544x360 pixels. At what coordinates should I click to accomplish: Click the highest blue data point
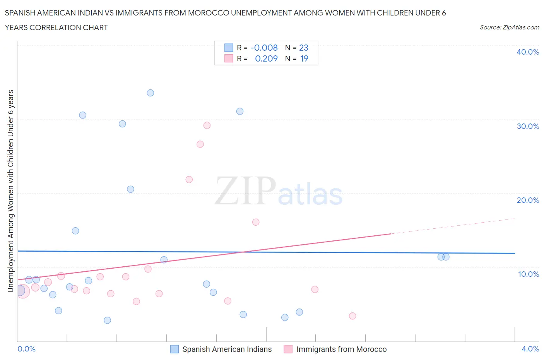pyautogui.click(x=151, y=93)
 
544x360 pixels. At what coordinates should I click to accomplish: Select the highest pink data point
pyautogui.click(x=207, y=125)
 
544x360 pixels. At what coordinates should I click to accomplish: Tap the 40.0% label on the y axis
pyautogui.click(x=528, y=52)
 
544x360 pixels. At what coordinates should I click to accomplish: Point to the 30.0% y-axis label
pyautogui.click(x=528, y=126)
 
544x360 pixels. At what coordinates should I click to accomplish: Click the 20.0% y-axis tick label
pyautogui.click(x=528, y=200)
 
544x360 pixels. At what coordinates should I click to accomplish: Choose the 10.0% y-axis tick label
pyautogui.click(x=528, y=274)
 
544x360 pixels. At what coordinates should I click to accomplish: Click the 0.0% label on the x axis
pyautogui.click(x=27, y=349)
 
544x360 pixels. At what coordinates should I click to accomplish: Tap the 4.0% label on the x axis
pyautogui.click(x=530, y=349)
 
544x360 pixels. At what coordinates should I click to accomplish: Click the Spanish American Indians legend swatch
pyautogui.click(x=174, y=349)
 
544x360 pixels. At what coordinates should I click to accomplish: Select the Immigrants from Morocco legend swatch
pyautogui.click(x=288, y=349)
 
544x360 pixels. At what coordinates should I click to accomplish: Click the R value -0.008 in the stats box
pyautogui.click(x=264, y=48)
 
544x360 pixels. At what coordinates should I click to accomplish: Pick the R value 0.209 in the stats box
pyautogui.click(x=266, y=58)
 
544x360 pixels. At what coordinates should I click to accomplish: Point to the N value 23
pyautogui.click(x=304, y=48)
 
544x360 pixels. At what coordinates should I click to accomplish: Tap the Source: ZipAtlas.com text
pyautogui.click(x=509, y=27)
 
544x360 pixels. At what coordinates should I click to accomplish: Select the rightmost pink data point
pyautogui.click(x=352, y=316)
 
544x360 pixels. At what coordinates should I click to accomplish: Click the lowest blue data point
pyautogui.click(x=108, y=321)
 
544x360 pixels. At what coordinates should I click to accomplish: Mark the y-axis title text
pyautogui.click(x=11, y=191)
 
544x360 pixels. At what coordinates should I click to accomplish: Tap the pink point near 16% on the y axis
pyautogui.click(x=256, y=222)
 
